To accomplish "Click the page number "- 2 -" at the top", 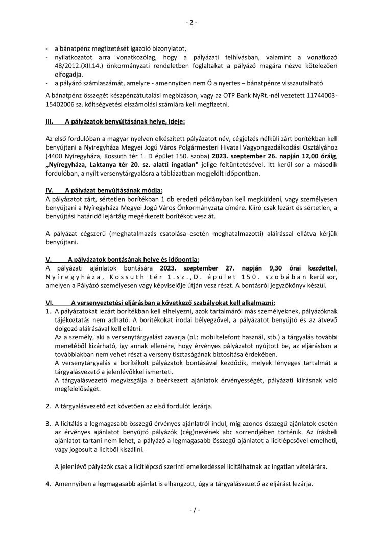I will coord(191,22).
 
